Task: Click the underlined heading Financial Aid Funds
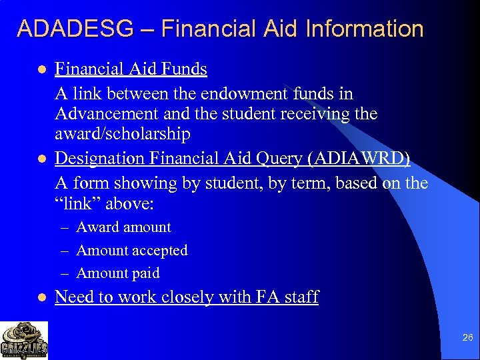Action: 131,69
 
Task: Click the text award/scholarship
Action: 123,134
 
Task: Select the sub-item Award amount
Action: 123,227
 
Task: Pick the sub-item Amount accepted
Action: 132,251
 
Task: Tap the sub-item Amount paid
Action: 118,273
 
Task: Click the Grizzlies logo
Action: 24,340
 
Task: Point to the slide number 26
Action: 467,338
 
